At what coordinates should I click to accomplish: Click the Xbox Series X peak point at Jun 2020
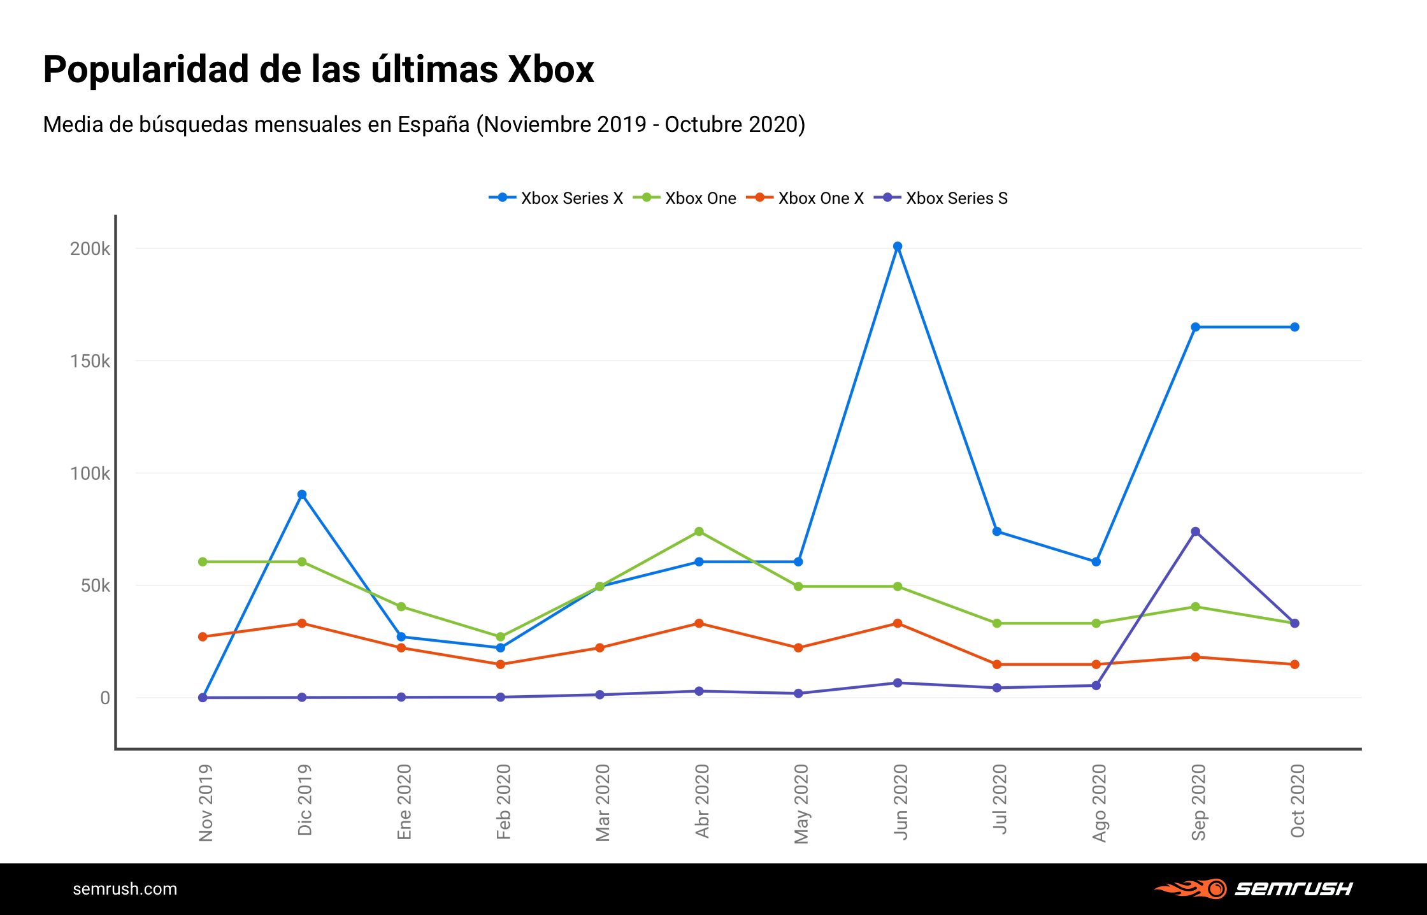(898, 247)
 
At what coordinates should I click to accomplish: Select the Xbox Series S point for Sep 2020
(1196, 532)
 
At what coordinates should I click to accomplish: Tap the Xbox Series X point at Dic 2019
(302, 494)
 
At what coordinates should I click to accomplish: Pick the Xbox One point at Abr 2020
(699, 531)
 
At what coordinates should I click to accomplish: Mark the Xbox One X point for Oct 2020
(1294, 665)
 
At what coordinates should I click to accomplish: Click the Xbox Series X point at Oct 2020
(1294, 328)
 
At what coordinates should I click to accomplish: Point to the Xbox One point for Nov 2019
(203, 562)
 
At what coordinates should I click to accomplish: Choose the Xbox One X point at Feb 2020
(501, 665)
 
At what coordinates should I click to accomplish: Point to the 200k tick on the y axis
(90, 249)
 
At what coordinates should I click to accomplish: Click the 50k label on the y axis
(95, 586)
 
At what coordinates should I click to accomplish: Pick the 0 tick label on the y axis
(105, 698)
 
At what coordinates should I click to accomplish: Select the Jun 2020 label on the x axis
(900, 802)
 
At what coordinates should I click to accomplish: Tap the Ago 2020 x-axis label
(1099, 803)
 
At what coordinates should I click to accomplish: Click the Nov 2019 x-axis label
(206, 803)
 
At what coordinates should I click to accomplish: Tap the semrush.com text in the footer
(125, 889)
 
